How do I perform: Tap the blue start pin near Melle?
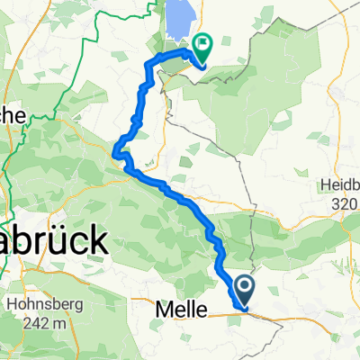244,291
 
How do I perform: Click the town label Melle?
175,310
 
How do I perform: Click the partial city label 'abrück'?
54,241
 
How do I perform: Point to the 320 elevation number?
346,202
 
